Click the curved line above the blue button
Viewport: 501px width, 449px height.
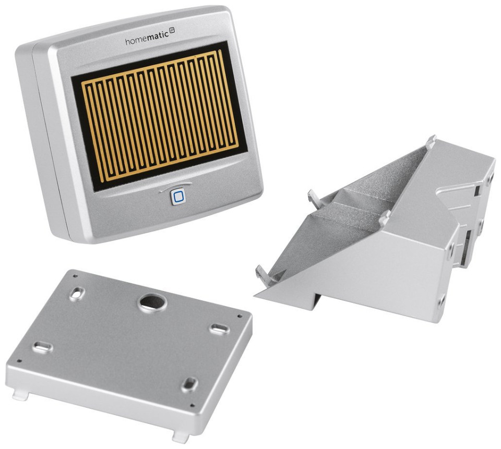[175, 186]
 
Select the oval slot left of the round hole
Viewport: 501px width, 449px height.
[77, 294]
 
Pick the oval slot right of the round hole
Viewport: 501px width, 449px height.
[220, 329]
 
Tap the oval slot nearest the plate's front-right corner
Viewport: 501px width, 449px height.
[190, 384]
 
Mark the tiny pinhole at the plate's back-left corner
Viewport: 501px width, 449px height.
[75, 276]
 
